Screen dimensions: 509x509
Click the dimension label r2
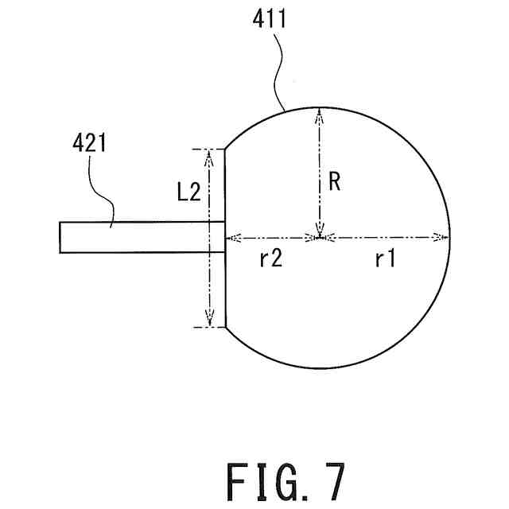pos(271,260)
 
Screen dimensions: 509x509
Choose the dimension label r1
pos(385,260)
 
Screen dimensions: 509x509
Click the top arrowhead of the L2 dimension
pos(210,155)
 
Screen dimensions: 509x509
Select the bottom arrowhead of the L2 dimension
pos(210,320)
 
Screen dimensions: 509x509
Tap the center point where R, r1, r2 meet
pos(318,236)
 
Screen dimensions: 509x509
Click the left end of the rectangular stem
pos(60,237)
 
